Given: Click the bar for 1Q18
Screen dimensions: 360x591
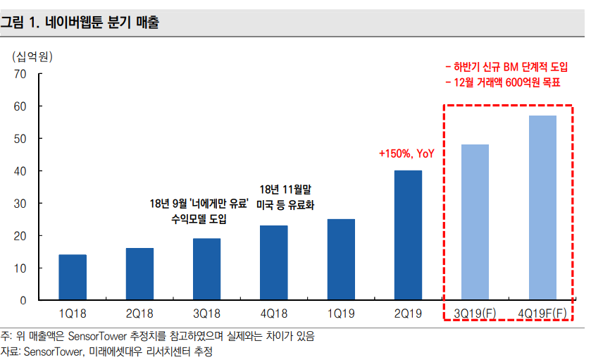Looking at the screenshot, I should pos(73,278).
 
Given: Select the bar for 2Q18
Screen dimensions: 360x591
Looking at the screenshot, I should pos(139,274).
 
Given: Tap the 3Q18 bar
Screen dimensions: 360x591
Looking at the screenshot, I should pos(206,270).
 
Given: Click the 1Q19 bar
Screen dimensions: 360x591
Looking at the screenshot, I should pos(341,260).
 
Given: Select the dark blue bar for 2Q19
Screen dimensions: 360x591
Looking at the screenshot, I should pos(408,235).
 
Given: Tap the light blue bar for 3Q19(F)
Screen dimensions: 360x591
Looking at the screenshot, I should pos(475,223).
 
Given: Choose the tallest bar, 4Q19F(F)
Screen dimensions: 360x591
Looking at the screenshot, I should pos(542,208).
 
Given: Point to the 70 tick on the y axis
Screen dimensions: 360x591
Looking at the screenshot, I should pos(20,73).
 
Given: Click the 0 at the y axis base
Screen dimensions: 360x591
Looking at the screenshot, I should pos(23,301).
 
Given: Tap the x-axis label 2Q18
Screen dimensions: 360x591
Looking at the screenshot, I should pos(139,313).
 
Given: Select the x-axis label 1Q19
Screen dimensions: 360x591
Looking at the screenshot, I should pos(341,313).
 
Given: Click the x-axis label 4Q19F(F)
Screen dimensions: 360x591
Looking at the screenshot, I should pos(542,313).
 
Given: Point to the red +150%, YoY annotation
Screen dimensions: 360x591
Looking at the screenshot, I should pos(406,153).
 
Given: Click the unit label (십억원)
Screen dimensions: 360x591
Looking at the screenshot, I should pos(33,54).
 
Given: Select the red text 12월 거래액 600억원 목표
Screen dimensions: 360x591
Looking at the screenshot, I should pos(502,83).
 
